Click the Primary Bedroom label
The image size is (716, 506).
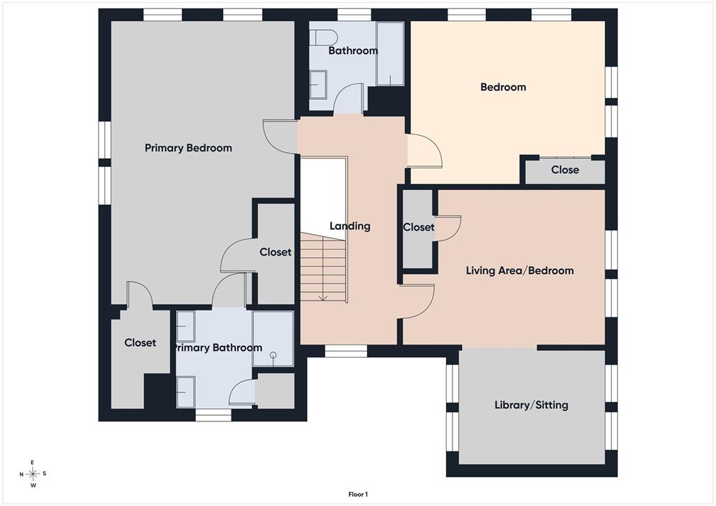(188, 148)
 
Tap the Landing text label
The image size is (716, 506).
(350, 226)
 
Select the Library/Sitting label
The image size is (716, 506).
(531, 405)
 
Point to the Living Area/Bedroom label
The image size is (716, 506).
(520, 270)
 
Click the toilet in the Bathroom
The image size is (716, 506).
(323, 38)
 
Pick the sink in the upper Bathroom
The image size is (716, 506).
(318, 85)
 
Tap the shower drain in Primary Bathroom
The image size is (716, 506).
(273, 355)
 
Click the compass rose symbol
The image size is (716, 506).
(33, 474)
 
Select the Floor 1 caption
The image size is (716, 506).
(358, 494)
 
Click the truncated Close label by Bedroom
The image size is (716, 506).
(565, 170)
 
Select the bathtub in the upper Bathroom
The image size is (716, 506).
(390, 53)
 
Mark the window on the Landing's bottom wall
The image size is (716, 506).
(345, 350)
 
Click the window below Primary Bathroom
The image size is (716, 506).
(213, 414)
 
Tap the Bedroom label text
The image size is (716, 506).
(503, 87)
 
